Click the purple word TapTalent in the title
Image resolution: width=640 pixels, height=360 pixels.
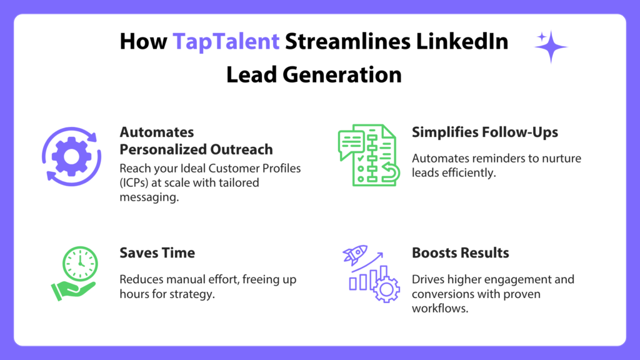[x=226, y=42]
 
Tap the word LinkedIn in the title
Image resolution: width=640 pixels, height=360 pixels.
[x=462, y=41]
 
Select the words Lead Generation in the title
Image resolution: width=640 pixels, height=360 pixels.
[x=314, y=75]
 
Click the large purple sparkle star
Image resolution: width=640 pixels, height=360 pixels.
[x=551, y=47]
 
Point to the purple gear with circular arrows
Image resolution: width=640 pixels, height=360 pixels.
[x=71, y=157]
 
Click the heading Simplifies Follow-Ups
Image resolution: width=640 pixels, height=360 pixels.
[x=485, y=132]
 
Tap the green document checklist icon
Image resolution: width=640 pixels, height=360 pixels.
[x=369, y=155]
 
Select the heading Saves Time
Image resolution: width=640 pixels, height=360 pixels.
[x=157, y=252]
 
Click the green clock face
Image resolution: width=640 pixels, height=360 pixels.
[x=80, y=264]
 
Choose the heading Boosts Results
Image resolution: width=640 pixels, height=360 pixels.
[x=461, y=252]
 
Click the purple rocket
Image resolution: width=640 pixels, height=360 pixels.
[x=355, y=254]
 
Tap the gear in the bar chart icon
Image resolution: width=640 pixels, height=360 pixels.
[x=386, y=289]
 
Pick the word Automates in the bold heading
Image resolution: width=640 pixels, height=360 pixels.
[x=157, y=132]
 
